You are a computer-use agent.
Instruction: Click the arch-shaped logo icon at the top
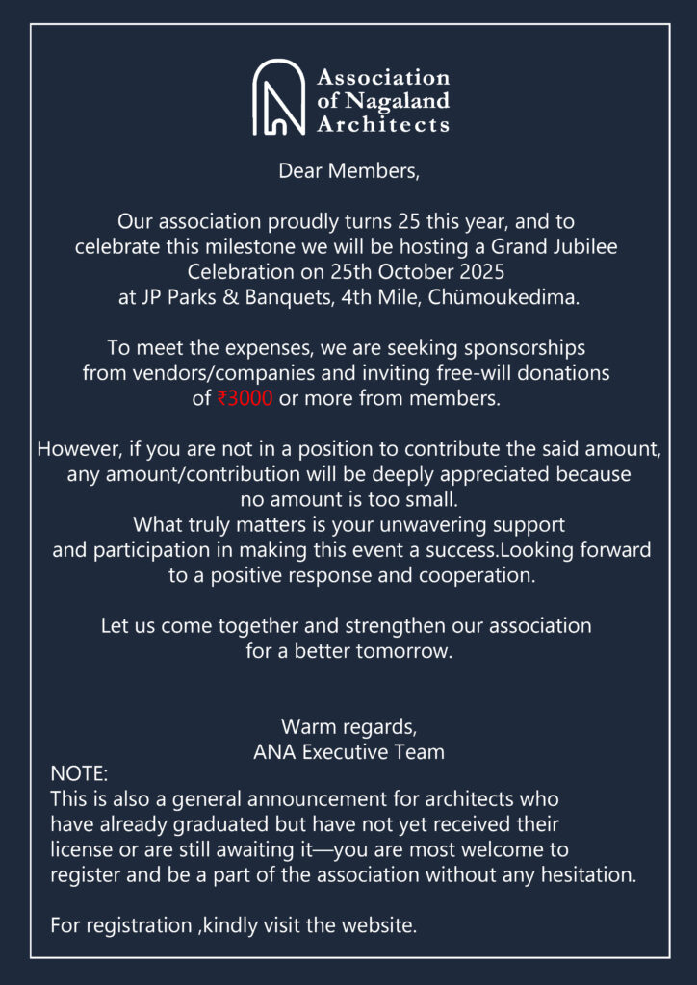click(279, 97)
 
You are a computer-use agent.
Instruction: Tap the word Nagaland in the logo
click(397, 100)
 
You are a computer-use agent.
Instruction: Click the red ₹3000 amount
click(245, 398)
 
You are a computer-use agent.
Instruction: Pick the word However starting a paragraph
click(75, 449)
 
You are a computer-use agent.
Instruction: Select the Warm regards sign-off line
click(348, 725)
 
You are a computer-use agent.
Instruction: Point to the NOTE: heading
click(79, 774)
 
